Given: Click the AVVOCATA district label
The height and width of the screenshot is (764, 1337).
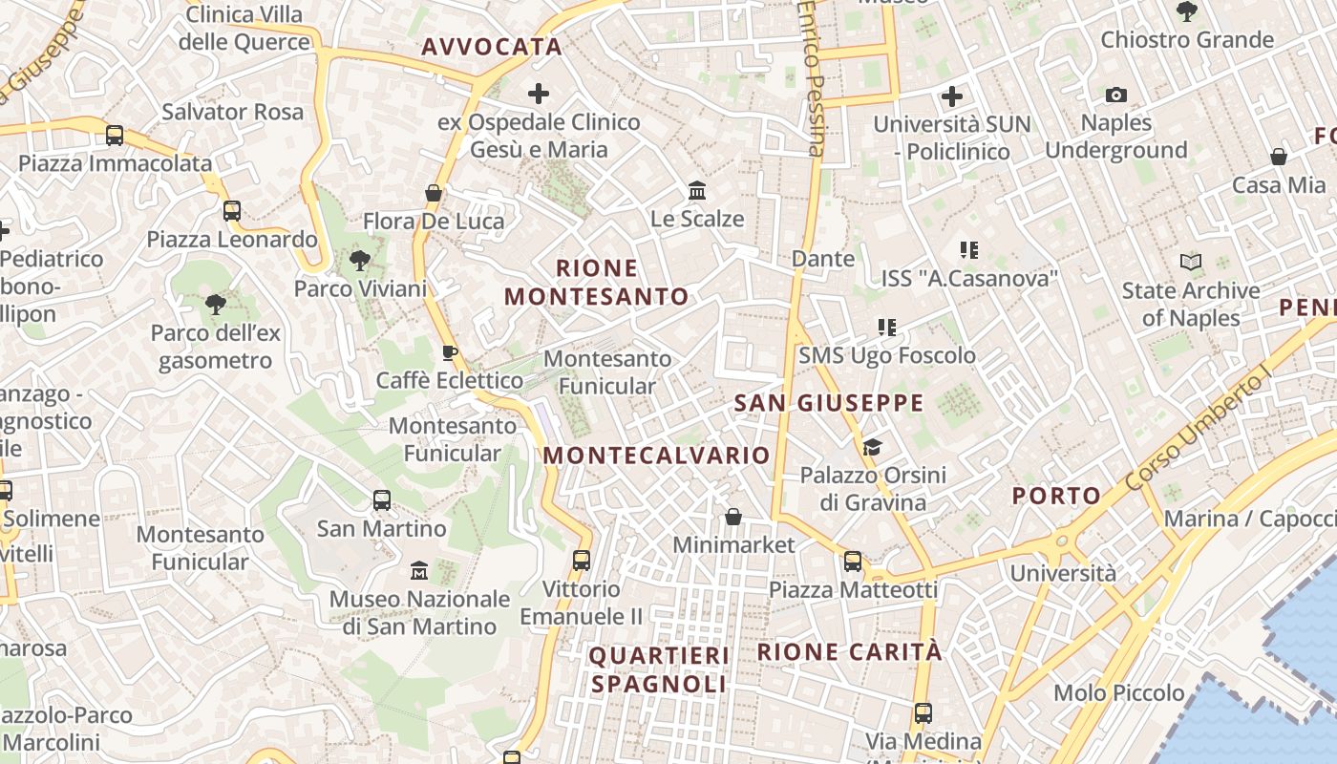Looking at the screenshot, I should pos(491,47).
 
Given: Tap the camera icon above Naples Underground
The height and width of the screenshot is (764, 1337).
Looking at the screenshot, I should pos(1115,95).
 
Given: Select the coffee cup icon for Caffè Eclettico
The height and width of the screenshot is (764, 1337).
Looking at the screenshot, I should pos(449,352).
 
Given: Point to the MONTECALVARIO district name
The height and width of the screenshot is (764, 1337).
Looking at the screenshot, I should pos(656,456).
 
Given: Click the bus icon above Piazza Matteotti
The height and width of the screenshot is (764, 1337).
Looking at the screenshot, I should pos(853,562).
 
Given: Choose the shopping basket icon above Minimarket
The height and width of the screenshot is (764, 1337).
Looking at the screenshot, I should pos(733,517).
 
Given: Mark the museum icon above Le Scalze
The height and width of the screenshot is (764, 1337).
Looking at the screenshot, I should pos(697,191).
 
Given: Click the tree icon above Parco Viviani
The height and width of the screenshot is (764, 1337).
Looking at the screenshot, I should pos(360,260).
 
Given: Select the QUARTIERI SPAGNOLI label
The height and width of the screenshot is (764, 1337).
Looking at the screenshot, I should pos(659,669).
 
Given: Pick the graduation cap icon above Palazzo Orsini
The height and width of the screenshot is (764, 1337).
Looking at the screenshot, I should pos(872,447).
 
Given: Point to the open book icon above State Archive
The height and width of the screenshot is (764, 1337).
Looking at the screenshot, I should pos(1190,262).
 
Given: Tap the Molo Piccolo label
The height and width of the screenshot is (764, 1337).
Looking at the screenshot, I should pos(1118,692).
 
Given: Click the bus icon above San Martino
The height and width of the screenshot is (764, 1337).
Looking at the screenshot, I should pos(382,499).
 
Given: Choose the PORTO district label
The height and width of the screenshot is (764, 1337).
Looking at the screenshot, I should pos(1056,496).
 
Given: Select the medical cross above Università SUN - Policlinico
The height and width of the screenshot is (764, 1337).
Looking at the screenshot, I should pos(951,96).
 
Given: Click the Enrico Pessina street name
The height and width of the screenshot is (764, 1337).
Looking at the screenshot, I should pos(812,76).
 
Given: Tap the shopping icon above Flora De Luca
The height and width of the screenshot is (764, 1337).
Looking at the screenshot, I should pos(434,194).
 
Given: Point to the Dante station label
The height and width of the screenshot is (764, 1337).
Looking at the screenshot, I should pos(822,259).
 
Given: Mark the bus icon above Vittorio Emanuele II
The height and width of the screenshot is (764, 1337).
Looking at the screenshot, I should pos(582,561).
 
